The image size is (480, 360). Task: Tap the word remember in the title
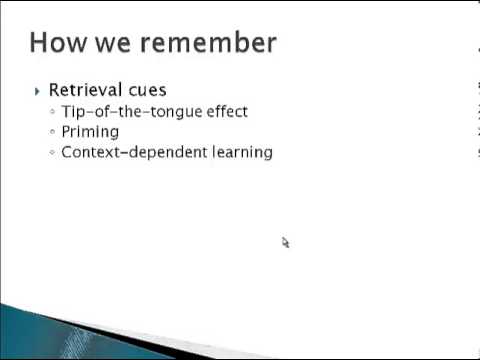pos(207,42)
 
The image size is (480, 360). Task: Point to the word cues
pos(148,90)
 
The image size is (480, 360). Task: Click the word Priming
pos(90,131)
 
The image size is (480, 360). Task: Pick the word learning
pos(239,152)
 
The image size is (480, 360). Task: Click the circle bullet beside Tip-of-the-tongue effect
pos(52,112)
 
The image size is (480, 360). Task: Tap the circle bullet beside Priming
pos(52,132)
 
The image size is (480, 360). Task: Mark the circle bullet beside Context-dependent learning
pos(52,153)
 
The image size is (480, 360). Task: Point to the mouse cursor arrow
pos(284,241)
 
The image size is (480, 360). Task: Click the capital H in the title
pos(39,42)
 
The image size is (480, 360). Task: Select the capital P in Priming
pos(66,131)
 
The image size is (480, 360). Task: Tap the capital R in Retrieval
pos(54,90)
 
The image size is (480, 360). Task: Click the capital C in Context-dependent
pos(67,152)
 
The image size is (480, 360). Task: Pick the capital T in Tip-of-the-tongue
pos(66,111)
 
